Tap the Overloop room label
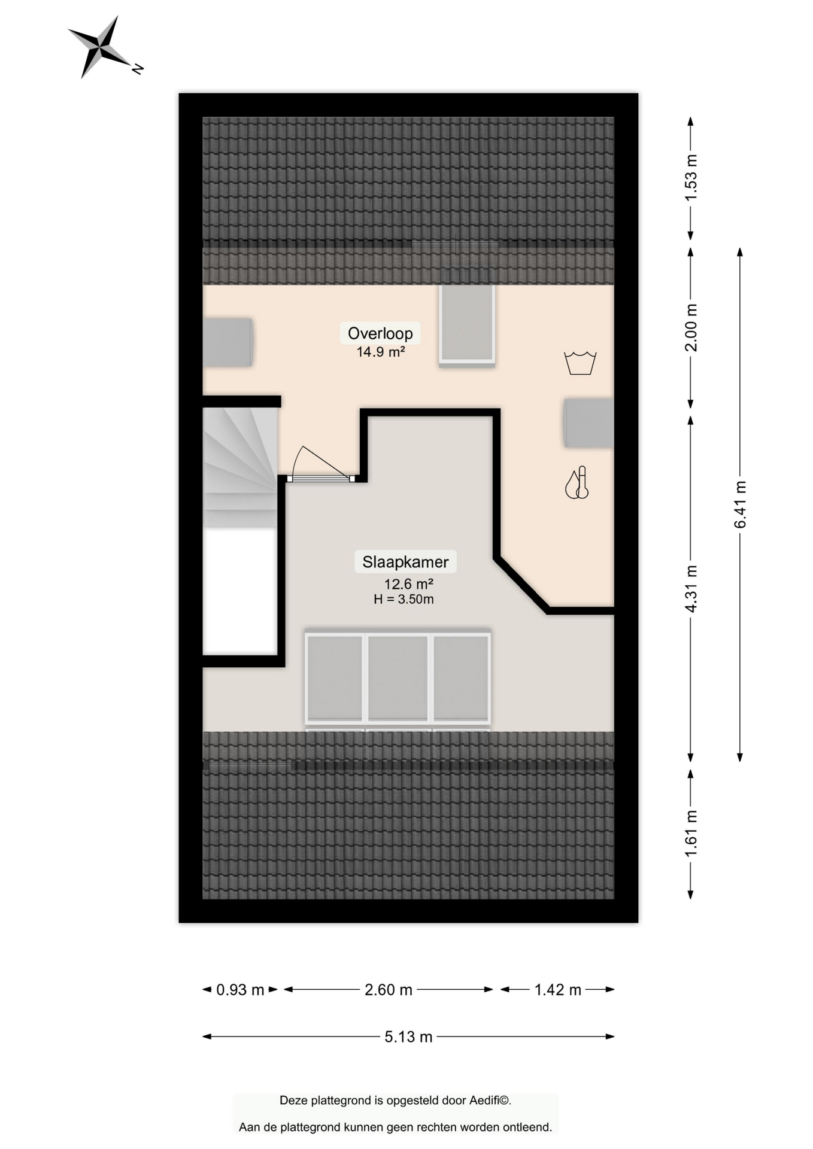click(x=380, y=333)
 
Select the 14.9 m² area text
click(x=381, y=352)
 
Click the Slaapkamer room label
click(x=405, y=562)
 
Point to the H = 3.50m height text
click(x=404, y=599)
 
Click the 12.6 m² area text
click(x=408, y=583)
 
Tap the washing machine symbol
click(x=580, y=363)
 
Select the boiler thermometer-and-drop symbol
click(x=577, y=483)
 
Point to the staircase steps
click(x=240, y=467)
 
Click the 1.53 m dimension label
click(x=691, y=178)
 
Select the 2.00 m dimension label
click(x=691, y=328)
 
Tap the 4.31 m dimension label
click(x=691, y=589)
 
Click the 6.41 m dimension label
click(x=741, y=504)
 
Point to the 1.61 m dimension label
click(x=691, y=833)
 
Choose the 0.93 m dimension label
click(x=240, y=990)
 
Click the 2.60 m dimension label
click(x=389, y=990)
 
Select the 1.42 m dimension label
click(x=558, y=990)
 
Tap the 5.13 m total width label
click(x=408, y=1036)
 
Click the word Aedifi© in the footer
click(x=490, y=1100)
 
